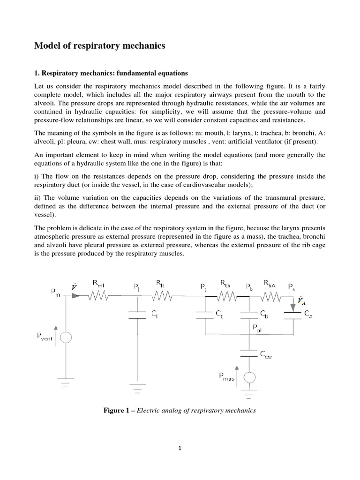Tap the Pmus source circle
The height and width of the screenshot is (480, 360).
tap(249, 378)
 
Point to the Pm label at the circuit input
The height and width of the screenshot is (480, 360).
tap(55, 292)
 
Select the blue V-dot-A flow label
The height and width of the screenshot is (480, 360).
tap(300, 301)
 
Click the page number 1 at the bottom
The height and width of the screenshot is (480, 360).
tap(180, 448)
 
